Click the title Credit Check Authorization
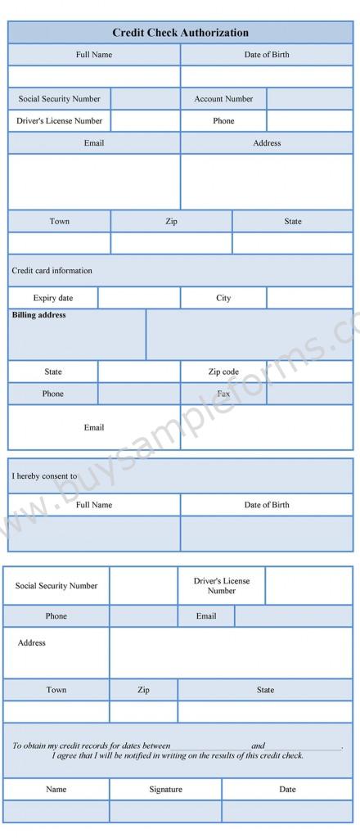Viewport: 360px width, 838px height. (x=180, y=33)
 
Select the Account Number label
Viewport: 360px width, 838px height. (x=223, y=99)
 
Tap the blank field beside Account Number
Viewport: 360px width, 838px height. (x=309, y=99)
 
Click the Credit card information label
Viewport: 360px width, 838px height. (x=52, y=271)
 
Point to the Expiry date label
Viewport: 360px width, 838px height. (x=53, y=298)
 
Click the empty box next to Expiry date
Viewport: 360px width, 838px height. (x=138, y=298)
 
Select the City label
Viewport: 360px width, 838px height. (x=223, y=298)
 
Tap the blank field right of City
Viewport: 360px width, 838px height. (x=309, y=298)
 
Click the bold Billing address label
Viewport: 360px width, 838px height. (x=39, y=315)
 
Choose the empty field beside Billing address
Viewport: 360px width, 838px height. (x=249, y=335)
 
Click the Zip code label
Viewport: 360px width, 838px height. (x=223, y=372)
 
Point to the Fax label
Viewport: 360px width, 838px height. (x=223, y=394)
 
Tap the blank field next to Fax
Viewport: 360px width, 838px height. (x=309, y=394)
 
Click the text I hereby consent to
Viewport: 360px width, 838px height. (x=44, y=476)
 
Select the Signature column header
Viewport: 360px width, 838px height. (x=165, y=790)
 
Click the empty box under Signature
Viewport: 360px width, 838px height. (x=165, y=811)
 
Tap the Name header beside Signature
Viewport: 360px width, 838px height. (x=56, y=790)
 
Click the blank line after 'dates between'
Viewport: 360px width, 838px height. (x=210, y=746)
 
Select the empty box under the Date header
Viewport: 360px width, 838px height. (x=287, y=811)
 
